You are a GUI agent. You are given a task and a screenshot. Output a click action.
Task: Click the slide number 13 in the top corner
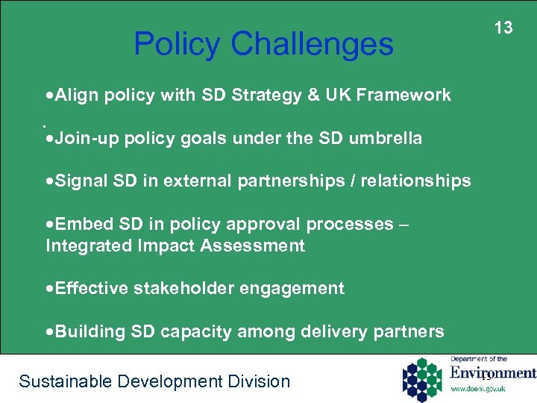[x=504, y=28]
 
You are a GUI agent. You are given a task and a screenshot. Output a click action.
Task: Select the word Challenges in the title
[x=312, y=44]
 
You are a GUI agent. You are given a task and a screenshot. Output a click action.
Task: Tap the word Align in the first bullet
[x=78, y=95]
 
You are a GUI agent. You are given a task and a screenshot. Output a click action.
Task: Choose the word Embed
[x=79, y=224]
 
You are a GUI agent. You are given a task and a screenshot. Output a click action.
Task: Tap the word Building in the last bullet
[x=84, y=331]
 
